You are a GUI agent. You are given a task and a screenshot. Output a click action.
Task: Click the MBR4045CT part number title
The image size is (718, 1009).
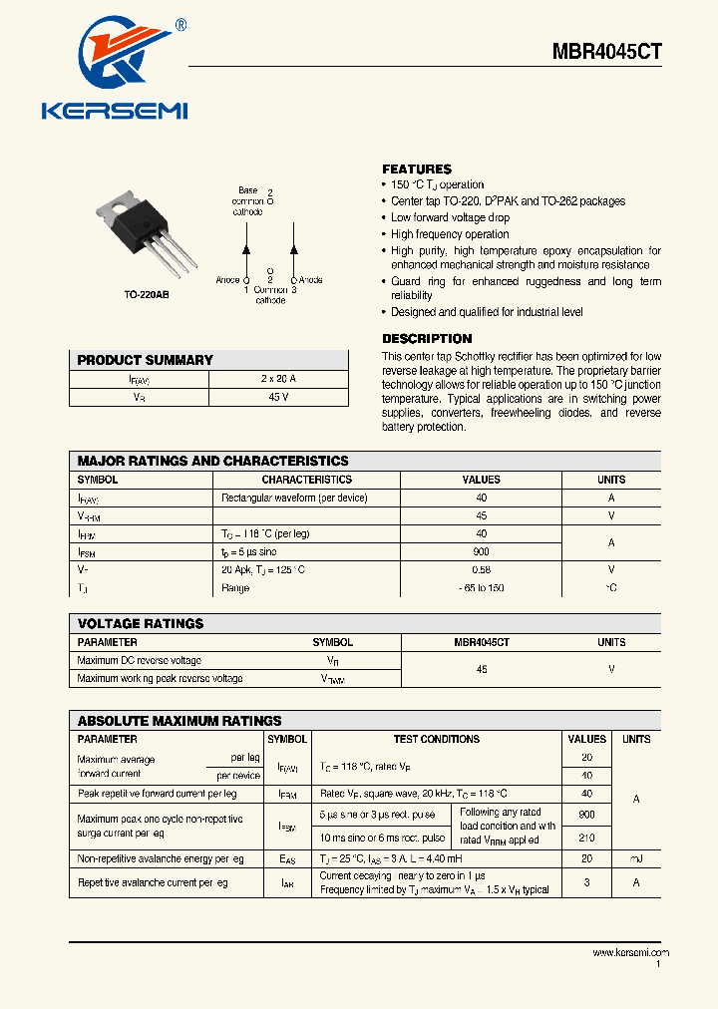pos(607,52)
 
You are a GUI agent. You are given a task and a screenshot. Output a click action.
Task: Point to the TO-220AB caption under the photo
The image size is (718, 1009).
pos(146,296)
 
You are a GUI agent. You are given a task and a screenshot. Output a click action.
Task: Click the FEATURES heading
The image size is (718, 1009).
pos(417,169)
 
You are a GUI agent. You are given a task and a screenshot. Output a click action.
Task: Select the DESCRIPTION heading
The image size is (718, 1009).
pos(427,339)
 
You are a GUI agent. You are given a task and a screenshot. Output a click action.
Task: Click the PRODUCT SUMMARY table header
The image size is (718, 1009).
pos(145,360)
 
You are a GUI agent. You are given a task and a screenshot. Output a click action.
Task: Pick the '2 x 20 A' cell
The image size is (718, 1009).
pos(278,379)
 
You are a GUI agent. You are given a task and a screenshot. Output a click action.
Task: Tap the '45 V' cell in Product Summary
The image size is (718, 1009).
pos(278,397)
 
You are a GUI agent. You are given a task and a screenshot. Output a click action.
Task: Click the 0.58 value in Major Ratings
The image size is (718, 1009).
pos(482,569)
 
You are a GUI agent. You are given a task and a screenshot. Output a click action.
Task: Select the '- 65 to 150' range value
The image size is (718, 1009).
pos(482,588)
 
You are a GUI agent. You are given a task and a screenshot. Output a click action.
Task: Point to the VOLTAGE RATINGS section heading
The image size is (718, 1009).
pos(141,623)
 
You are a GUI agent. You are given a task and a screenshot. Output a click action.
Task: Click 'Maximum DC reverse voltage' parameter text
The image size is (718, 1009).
pos(140,660)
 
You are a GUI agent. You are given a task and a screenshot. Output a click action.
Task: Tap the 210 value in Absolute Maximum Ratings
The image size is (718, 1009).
pos(586,839)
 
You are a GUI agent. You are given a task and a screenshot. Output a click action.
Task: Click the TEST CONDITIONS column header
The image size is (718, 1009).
pos(436,739)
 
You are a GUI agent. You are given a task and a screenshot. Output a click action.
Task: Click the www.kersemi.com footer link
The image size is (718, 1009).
pos(630,953)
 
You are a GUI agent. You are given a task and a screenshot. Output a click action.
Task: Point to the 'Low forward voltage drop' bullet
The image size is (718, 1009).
pos(450,217)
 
